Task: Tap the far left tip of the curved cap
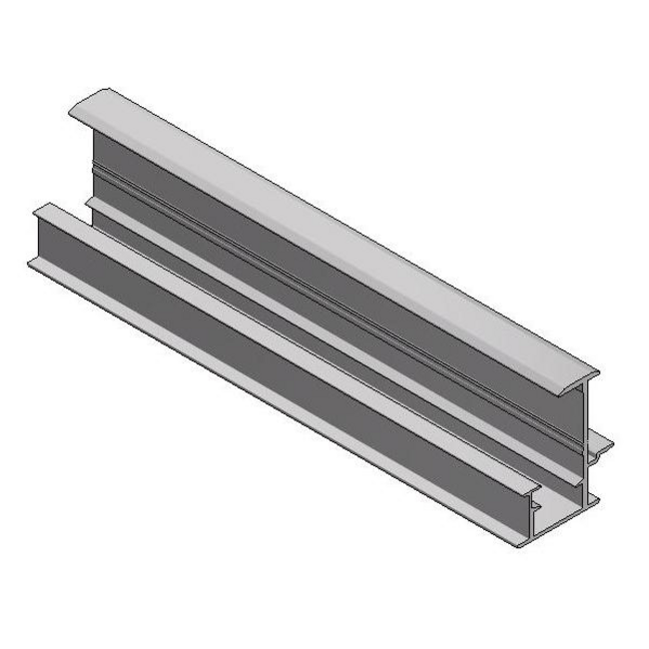coord(75,113)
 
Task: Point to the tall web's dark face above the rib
coord(329,260)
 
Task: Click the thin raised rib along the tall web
coord(329,296)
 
